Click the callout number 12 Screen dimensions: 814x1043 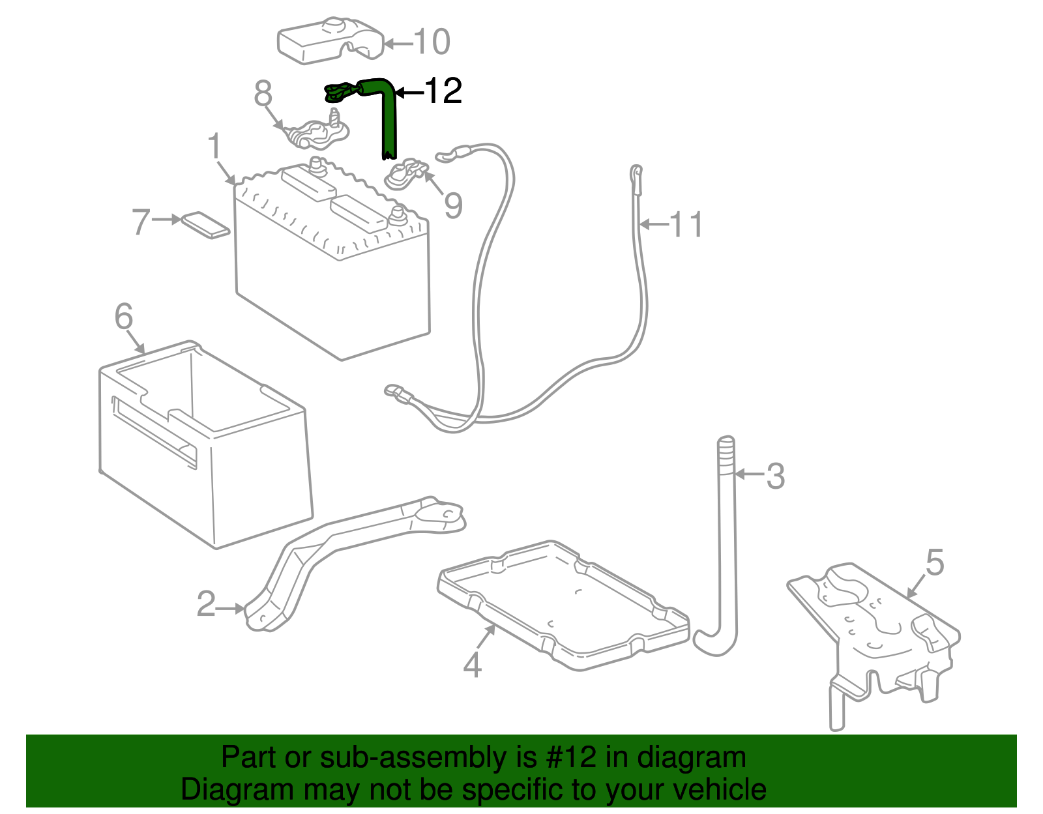point(443,91)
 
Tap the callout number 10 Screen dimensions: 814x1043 point(432,42)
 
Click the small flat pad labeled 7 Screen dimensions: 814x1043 point(205,224)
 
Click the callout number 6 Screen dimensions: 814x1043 point(124,317)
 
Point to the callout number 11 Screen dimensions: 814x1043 point(686,225)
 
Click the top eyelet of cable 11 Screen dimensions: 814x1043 point(636,175)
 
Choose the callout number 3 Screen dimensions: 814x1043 point(774,476)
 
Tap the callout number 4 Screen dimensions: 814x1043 point(473,665)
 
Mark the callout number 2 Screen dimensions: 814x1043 point(206,605)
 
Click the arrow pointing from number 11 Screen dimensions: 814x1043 point(654,225)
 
